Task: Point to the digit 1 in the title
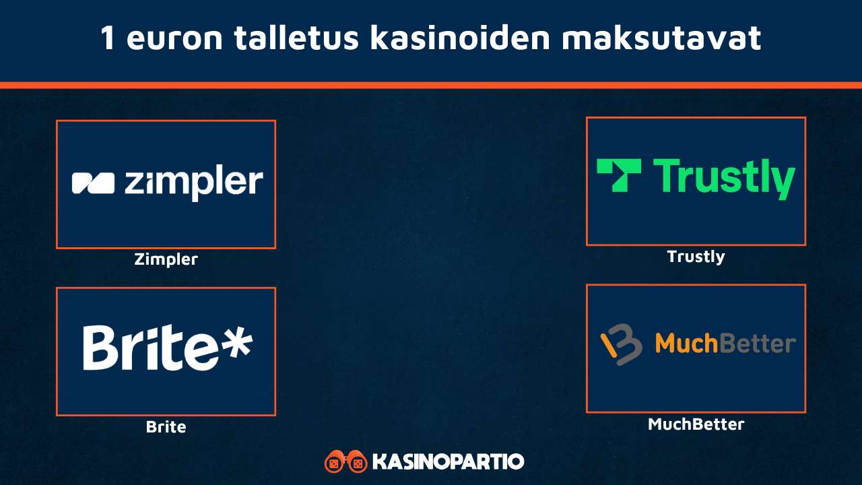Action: [108, 38]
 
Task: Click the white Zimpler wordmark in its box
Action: [194, 182]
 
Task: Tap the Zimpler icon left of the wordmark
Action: [93, 183]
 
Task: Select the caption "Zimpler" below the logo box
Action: [166, 259]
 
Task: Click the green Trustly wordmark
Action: [724, 178]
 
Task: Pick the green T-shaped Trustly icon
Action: [619, 175]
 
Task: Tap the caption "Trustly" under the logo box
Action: [696, 257]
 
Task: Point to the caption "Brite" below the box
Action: [166, 426]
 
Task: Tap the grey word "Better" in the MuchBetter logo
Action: [757, 344]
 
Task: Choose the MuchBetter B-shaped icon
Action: [622, 344]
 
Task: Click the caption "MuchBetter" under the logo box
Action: [696, 424]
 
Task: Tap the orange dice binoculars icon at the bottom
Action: [345, 462]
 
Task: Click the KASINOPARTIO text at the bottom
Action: [448, 462]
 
